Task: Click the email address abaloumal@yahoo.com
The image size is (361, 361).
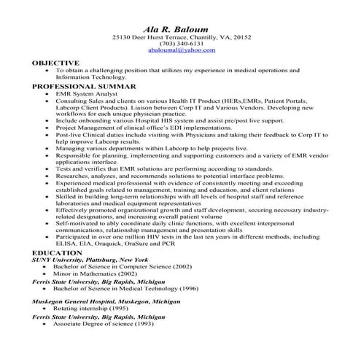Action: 181,51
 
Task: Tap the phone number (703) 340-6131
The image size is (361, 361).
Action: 180,44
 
